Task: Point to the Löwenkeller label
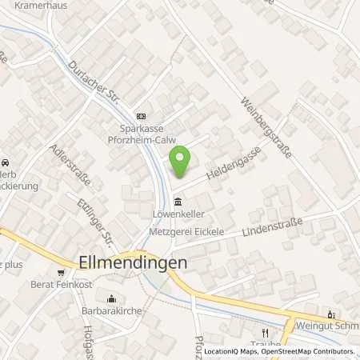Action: pos(175,214)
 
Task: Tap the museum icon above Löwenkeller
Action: pos(176,202)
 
